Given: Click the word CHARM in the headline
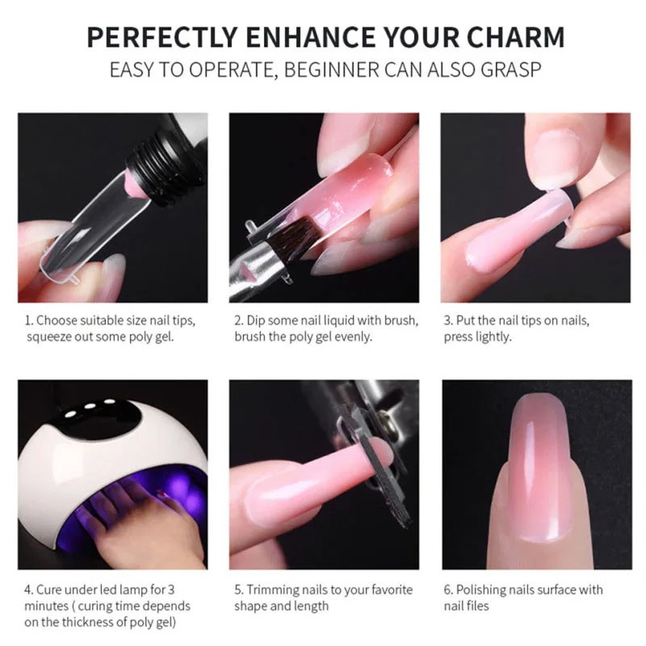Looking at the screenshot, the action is [x=515, y=37].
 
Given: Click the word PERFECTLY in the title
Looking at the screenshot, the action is [x=162, y=37].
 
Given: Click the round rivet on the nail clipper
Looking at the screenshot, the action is [x=387, y=423].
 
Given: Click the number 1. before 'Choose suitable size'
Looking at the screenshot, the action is [x=29, y=321].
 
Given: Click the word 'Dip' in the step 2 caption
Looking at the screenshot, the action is [x=254, y=321].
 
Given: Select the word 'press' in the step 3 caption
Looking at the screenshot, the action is [x=458, y=337].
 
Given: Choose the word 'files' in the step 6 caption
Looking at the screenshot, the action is [x=478, y=606].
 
